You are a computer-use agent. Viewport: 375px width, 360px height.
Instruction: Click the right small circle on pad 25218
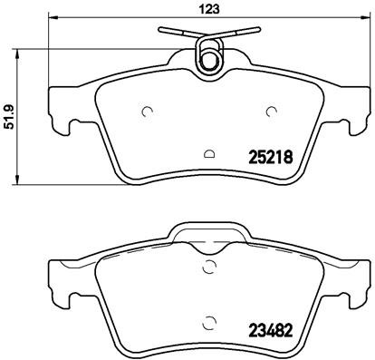point(271,112)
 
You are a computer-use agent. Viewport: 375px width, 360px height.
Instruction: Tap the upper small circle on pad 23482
point(210,266)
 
